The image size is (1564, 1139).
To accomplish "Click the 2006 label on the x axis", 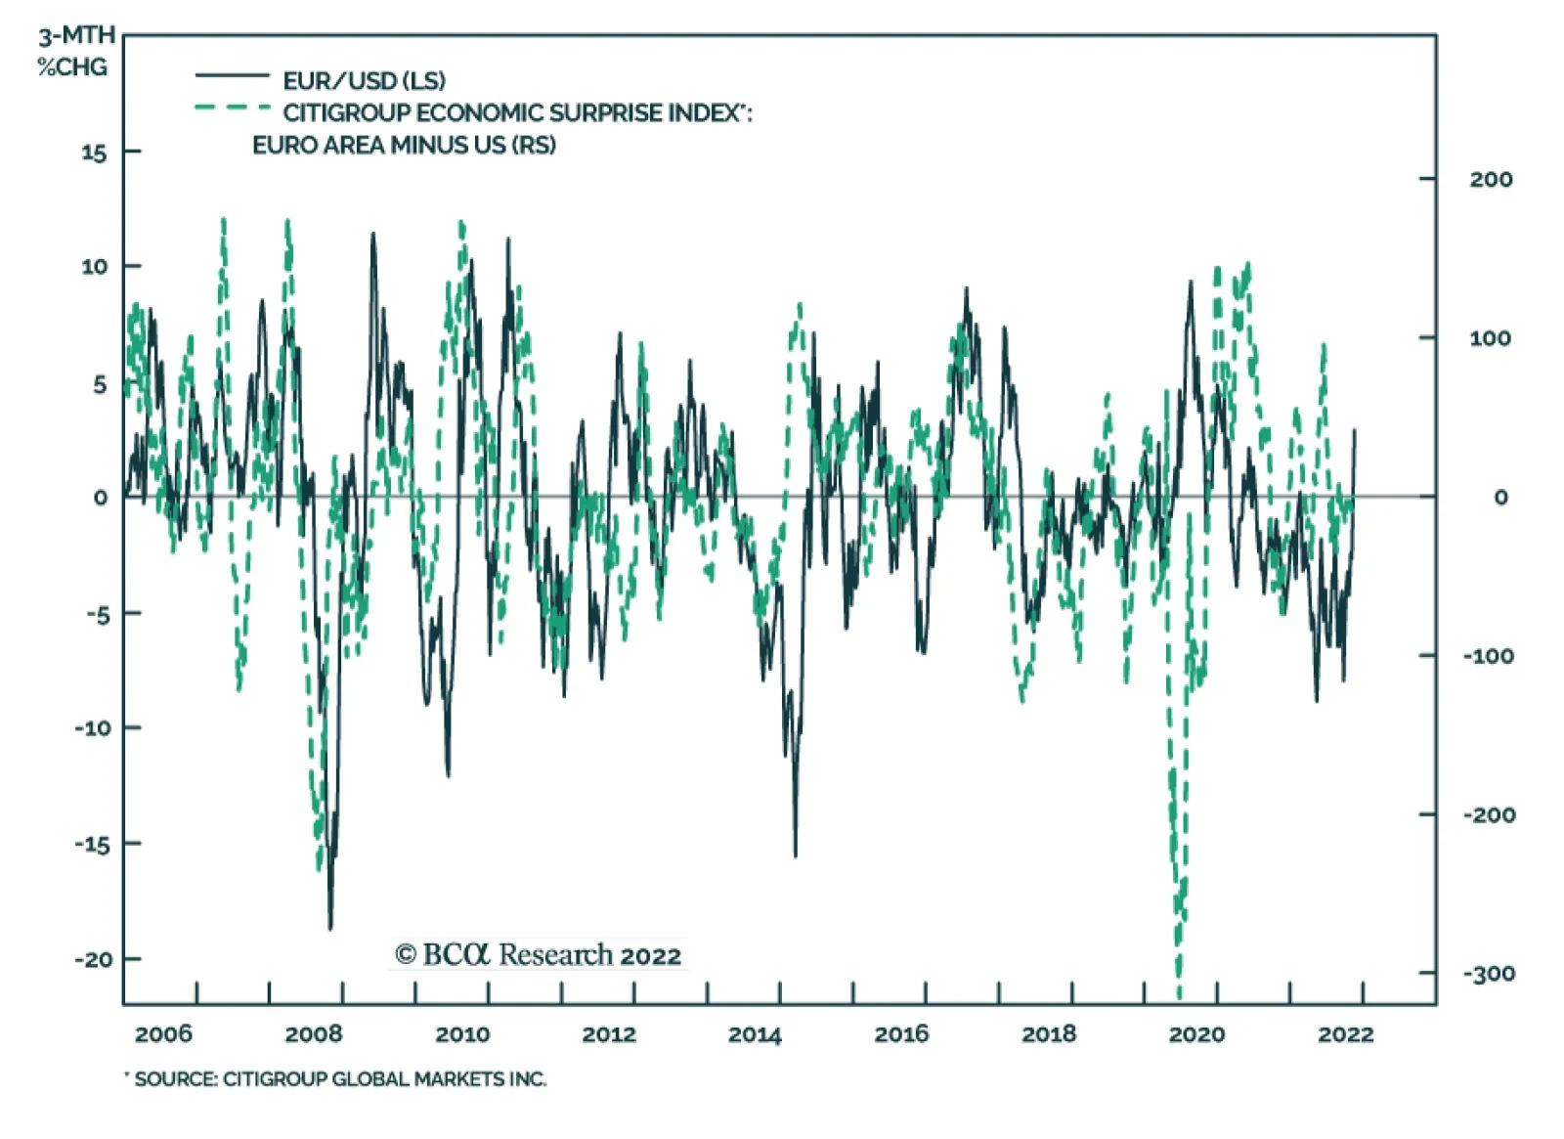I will pyautogui.click(x=163, y=1033).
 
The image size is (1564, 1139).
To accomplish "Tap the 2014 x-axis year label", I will pyautogui.click(x=755, y=1033).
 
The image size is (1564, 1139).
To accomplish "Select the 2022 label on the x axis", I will pyautogui.click(x=1345, y=1033).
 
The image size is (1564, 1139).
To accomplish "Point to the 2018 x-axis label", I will pyautogui.click(x=1048, y=1033).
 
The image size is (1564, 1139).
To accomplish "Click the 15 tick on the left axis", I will pyautogui.click(x=94, y=153).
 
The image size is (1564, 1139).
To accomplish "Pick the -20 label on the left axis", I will pyautogui.click(x=94, y=959).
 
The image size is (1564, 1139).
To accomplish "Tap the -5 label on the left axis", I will pyautogui.click(x=98, y=614).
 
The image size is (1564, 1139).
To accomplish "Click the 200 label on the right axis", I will pyautogui.click(x=1490, y=179).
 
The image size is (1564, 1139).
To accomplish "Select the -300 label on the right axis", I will pyautogui.click(x=1488, y=973).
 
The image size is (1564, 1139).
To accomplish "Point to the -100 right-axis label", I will pyautogui.click(x=1488, y=655).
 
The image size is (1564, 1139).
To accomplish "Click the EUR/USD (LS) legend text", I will pyautogui.click(x=364, y=80).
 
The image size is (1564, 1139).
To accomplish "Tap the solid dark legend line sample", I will pyautogui.click(x=232, y=75).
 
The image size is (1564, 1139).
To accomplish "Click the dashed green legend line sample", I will pyautogui.click(x=232, y=108).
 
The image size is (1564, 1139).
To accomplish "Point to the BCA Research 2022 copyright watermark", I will pyautogui.click(x=538, y=954).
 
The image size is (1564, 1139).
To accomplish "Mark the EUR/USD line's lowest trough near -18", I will pyautogui.click(x=330, y=928).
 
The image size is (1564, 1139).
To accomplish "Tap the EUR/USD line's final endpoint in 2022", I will pyautogui.click(x=1355, y=430).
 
